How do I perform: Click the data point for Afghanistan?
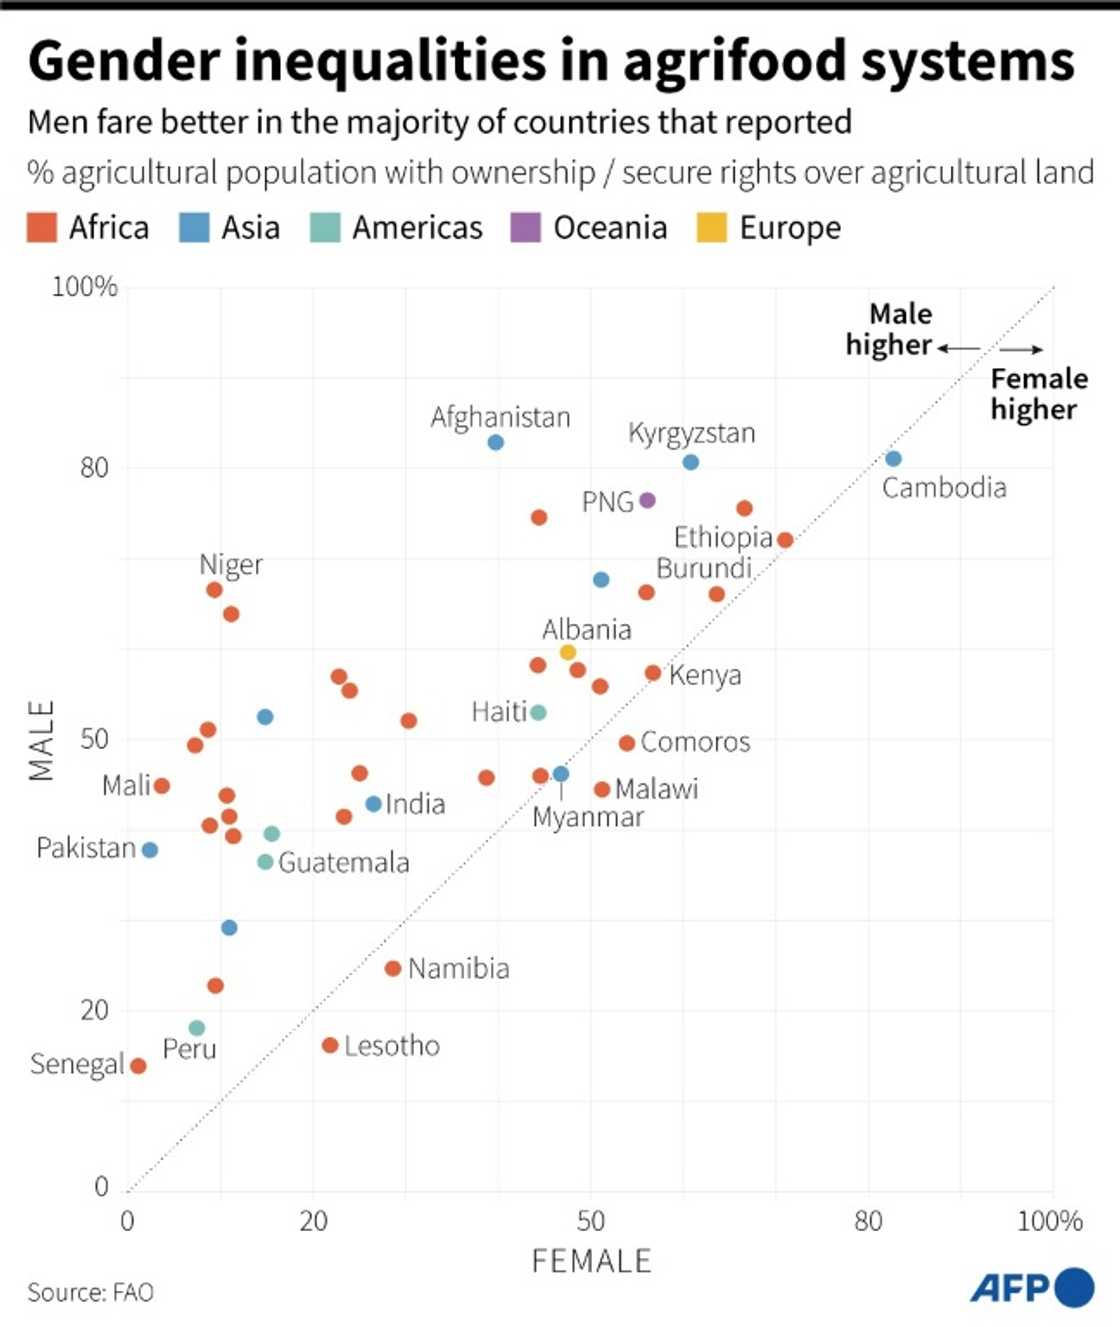[x=495, y=442]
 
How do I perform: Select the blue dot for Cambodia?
[x=893, y=458]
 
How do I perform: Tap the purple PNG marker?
[x=647, y=500]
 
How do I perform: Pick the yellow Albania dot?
[x=567, y=652]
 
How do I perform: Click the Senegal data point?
[x=138, y=1066]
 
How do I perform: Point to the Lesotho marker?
[x=330, y=1045]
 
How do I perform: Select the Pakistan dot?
[x=150, y=850]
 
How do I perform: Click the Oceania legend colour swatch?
[x=525, y=228]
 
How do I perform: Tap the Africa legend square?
[x=42, y=228]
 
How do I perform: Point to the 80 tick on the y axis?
[x=94, y=468]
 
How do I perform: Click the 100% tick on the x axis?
[x=1049, y=1221]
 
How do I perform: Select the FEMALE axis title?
[x=591, y=1261]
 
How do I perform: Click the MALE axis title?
[x=41, y=740]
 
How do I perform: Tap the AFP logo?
[x=1031, y=1288]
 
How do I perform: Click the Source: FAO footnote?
[x=90, y=1292]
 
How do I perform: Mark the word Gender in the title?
[x=123, y=61]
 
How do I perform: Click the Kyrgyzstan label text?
[x=691, y=433]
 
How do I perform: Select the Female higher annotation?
[x=1038, y=394]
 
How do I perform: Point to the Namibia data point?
[x=393, y=968]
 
